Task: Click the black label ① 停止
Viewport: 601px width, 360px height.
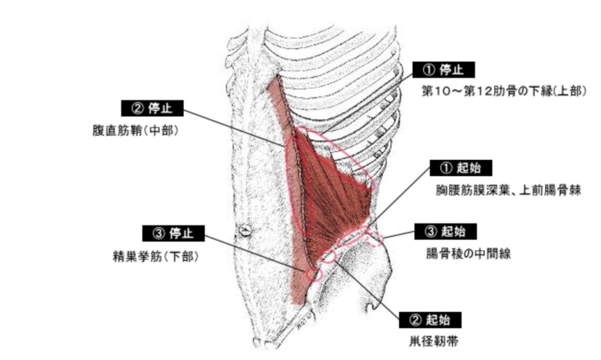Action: coord(443,70)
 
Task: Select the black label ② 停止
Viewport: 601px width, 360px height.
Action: coord(152,109)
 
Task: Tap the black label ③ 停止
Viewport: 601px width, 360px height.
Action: coord(173,233)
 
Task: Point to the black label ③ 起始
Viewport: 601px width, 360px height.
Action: coord(445,231)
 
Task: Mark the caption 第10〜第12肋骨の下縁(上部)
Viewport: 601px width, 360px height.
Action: coord(504,92)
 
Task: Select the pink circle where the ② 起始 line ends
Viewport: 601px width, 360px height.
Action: coord(327,255)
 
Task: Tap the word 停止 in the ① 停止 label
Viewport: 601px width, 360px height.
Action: coord(451,70)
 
